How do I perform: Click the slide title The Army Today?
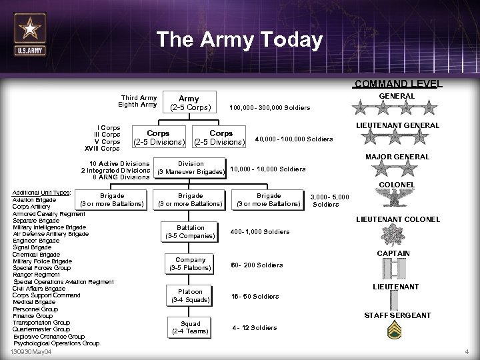pyautogui.click(x=239, y=40)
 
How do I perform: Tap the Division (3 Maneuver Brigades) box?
pyautogui.click(x=191, y=168)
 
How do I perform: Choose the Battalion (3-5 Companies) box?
pyautogui.click(x=191, y=231)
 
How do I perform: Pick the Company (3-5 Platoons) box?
pyautogui.click(x=190, y=264)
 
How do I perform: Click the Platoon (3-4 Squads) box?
pyautogui.click(x=190, y=296)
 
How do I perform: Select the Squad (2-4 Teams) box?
pyautogui.click(x=190, y=327)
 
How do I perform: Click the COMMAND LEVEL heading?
pyautogui.click(x=397, y=84)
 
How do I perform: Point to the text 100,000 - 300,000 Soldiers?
pyautogui.click(x=269, y=108)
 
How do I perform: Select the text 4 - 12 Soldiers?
pyautogui.click(x=254, y=328)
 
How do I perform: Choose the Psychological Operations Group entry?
pyautogui.click(x=56, y=343)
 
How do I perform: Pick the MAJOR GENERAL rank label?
pyautogui.click(x=397, y=157)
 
